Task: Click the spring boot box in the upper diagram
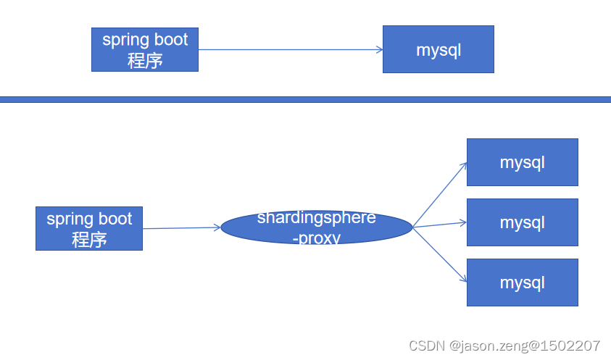pos(144,49)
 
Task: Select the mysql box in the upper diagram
pos(438,49)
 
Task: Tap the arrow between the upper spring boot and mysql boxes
pos(290,50)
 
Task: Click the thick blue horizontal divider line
pos(305,99)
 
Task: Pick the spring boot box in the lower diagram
pos(88,228)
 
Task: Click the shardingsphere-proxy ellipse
pos(317,227)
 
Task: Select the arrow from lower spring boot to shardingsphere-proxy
pos(181,228)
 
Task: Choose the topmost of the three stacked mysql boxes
pos(522,162)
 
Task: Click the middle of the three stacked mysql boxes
pos(522,222)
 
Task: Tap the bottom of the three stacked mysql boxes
pos(522,282)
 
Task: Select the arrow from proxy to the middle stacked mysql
pos(440,225)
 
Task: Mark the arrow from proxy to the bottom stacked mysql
pos(440,254)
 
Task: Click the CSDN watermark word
pos(426,346)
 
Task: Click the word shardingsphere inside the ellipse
pos(317,217)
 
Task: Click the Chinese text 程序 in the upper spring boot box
pos(145,60)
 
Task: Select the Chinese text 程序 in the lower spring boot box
pos(89,240)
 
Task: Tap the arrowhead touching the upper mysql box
pos(379,50)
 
